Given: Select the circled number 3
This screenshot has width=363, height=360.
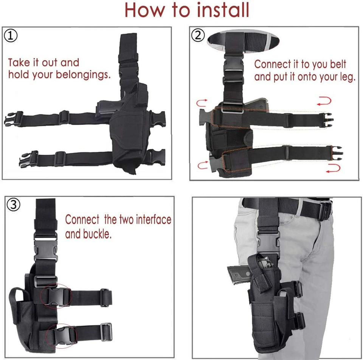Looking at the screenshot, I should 14,205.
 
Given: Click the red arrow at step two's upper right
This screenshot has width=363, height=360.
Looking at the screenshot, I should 324,101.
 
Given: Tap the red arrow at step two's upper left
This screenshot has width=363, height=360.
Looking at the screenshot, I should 201,102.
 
